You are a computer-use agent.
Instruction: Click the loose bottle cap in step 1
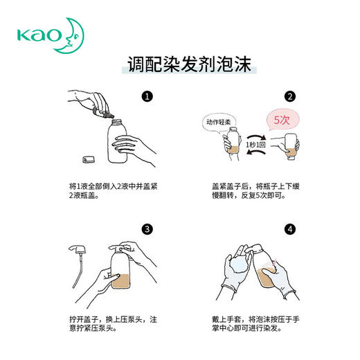[87, 160]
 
